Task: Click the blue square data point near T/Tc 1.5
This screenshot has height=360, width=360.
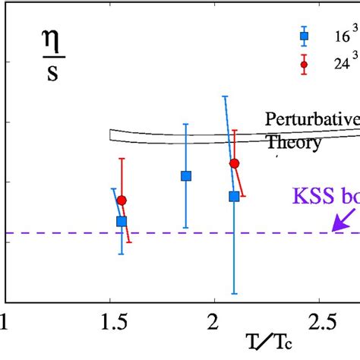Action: (122, 221)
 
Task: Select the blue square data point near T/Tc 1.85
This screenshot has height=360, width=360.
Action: (186, 175)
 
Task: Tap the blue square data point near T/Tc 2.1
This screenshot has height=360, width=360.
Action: (234, 196)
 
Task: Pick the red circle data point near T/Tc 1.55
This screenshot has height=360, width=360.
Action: (122, 201)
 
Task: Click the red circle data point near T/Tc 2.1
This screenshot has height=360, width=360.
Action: (234, 163)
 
